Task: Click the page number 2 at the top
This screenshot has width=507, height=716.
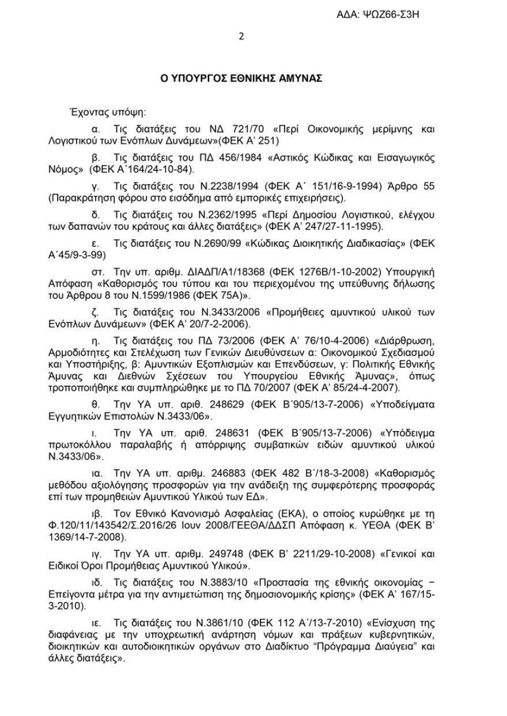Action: [241, 36]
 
